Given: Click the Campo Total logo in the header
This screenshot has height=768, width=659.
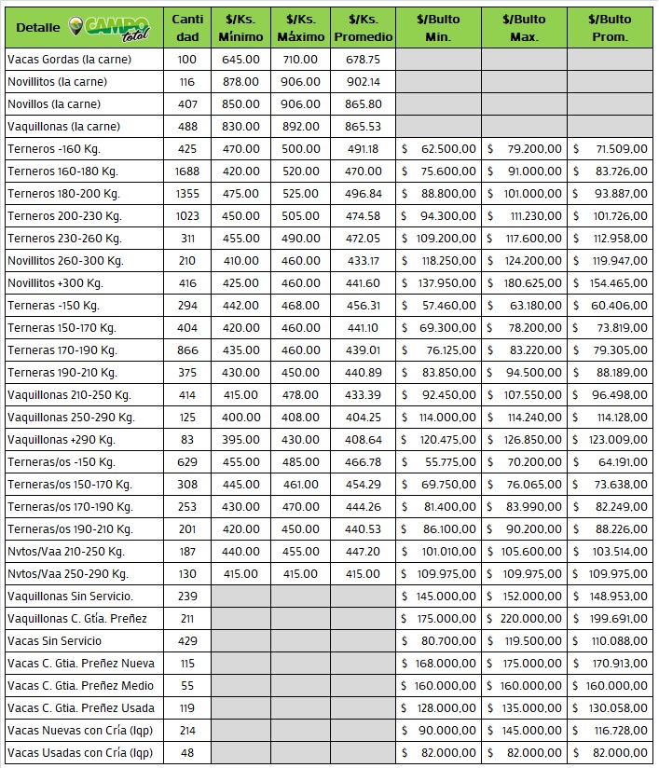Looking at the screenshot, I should (x=109, y=27).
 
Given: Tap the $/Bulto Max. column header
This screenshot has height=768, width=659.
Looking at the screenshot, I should (x=524, y=28).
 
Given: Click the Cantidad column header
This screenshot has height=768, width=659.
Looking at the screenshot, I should (x=187, y=28).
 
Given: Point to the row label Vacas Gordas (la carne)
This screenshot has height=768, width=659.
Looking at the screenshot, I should (x=69, y=60).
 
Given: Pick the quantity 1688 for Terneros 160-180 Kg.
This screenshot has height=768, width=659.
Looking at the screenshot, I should (x=187, y=171).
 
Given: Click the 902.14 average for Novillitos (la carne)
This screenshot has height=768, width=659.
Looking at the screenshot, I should (x=363, y=82).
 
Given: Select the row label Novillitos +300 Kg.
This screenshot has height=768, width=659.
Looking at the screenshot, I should (x=55, y=283).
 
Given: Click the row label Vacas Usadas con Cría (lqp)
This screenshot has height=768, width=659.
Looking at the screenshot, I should (x=79, y=753).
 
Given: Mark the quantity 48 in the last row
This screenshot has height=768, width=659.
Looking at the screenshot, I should (x=187, y=753).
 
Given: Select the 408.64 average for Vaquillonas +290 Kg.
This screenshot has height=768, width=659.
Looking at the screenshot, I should (x=363, y=440).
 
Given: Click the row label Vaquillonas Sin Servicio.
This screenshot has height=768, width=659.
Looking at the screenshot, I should (x=70, y=597).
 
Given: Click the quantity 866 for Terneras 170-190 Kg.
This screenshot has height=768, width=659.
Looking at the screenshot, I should (x=187, y=350).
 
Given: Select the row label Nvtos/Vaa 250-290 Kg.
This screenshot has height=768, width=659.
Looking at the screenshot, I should (x=67, y=574).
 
